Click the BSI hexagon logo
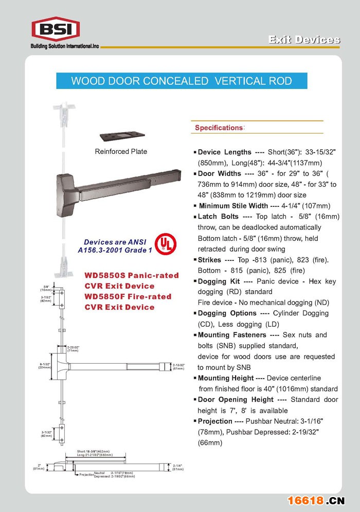(56, 30)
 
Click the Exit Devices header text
(304, 40)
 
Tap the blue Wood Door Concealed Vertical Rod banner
(181, 81)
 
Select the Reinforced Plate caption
(121, 151)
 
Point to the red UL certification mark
(165, 243)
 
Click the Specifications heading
(219, 128)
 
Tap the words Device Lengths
(224, 152)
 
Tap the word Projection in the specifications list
(215, 421)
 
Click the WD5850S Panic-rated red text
(132, 275)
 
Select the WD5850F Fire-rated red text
(128, 296)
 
